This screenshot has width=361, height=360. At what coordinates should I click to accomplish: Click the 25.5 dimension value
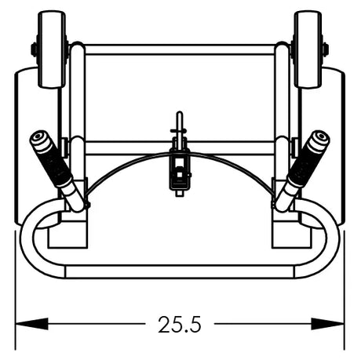coord(179,324)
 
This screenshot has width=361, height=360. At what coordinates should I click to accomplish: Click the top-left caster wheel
coord(51,49)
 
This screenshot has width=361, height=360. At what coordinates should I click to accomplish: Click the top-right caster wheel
coord(308,49)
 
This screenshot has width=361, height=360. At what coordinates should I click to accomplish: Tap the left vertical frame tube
coord(77,102)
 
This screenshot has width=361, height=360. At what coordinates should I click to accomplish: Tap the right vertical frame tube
coord(283,102)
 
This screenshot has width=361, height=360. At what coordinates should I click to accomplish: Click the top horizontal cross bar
coord(180,49)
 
